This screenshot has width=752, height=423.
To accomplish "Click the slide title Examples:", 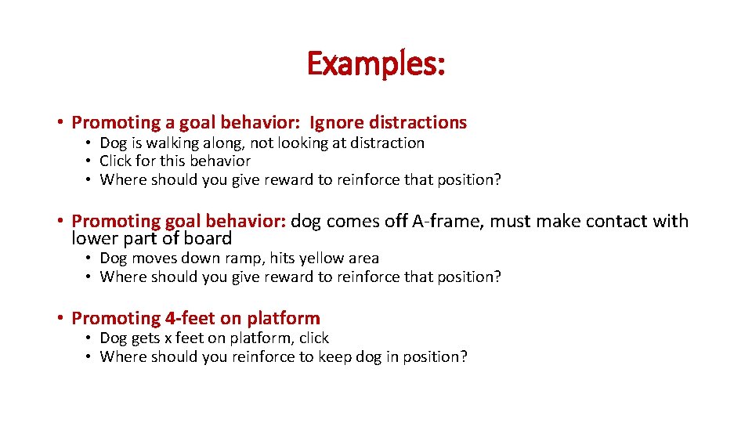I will (376, 63).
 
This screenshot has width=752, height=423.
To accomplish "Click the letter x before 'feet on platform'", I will (168, 338).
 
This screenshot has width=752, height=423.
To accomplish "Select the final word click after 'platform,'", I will (314, 338).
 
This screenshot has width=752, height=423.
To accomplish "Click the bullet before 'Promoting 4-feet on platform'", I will (60, 319).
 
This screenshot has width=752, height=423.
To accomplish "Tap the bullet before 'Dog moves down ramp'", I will (89, 258).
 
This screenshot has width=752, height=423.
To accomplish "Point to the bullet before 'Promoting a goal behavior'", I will (60, 123).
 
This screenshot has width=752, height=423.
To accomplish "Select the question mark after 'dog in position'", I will (464, 357).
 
